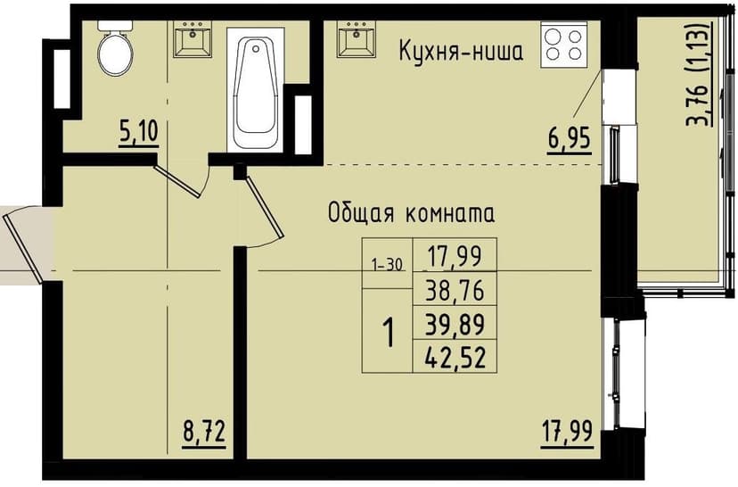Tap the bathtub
pos(255,93)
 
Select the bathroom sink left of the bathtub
pos(193,40)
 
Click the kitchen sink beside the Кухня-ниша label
pos(355,40)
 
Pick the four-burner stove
pos(563,45)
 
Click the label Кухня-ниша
pos(460,51)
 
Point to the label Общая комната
pos(411,214)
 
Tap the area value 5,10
pos(138,133)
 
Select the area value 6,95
pos(569,141)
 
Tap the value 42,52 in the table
pos(454,357)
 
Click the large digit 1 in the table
pos(388,333)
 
